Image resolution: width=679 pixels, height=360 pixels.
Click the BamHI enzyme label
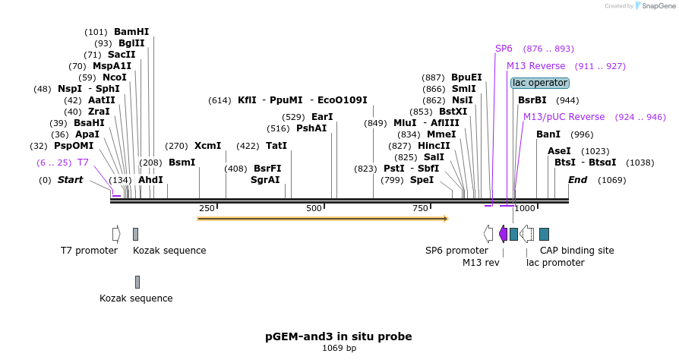pyautogui.click(x=131, y=32)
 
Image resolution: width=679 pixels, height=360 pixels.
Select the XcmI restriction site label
pyautogui.click(x=207, y=146)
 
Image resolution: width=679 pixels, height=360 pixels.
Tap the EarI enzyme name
pyautogui.click(x=322, y=117)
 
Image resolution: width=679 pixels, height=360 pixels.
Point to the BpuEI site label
pyautogui.click(x=466, y=77)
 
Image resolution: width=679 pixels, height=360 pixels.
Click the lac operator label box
pyautogui.click(x=539, y=83)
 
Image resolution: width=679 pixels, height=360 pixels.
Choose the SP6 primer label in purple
pyautogui.click(x=504, y=49)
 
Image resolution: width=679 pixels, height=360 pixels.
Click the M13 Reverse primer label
pyautogui.click(x=536, y=66)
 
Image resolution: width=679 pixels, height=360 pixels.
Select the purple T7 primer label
pyautogui.click(x=83, y=163)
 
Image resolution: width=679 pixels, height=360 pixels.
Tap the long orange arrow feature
pyautogui.click(x=322, y=219)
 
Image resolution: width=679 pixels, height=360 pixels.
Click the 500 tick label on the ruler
pyautogui.click(x=314, y=208)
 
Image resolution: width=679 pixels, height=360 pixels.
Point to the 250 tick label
pyautogui.click(x=207, y=208)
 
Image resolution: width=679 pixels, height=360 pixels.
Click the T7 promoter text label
pyautogui.click(x=89, y=251)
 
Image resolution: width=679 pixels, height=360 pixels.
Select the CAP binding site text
pyautogui.click(x=576, y=251)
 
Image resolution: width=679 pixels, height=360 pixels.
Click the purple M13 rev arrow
pyautogui.click(x=503, y=234)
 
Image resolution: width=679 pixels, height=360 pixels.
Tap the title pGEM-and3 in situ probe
pyautogui.click(x=339, y=336)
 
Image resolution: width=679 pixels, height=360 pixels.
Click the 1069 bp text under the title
pyautogui.click(x=339, y=349)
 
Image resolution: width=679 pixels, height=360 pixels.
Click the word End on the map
pyautogui.click(x=577, y=180)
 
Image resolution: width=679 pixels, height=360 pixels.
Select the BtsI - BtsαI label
pyautogui.click(x=585, y=163)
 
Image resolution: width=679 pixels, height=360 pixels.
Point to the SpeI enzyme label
pyautogui.click(x=422, y=180)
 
